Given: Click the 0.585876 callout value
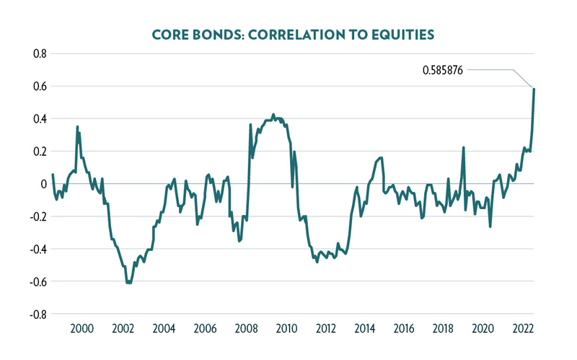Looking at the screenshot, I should [x=443, y=71].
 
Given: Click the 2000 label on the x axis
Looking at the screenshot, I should [x=82, y=330].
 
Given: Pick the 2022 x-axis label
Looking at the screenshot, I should [x=524, y=330].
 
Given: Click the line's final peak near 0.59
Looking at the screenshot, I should [x=534, y=89].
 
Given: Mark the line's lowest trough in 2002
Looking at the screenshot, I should [x=129, y=283].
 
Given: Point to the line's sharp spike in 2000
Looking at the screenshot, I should [x=77, y=127].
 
